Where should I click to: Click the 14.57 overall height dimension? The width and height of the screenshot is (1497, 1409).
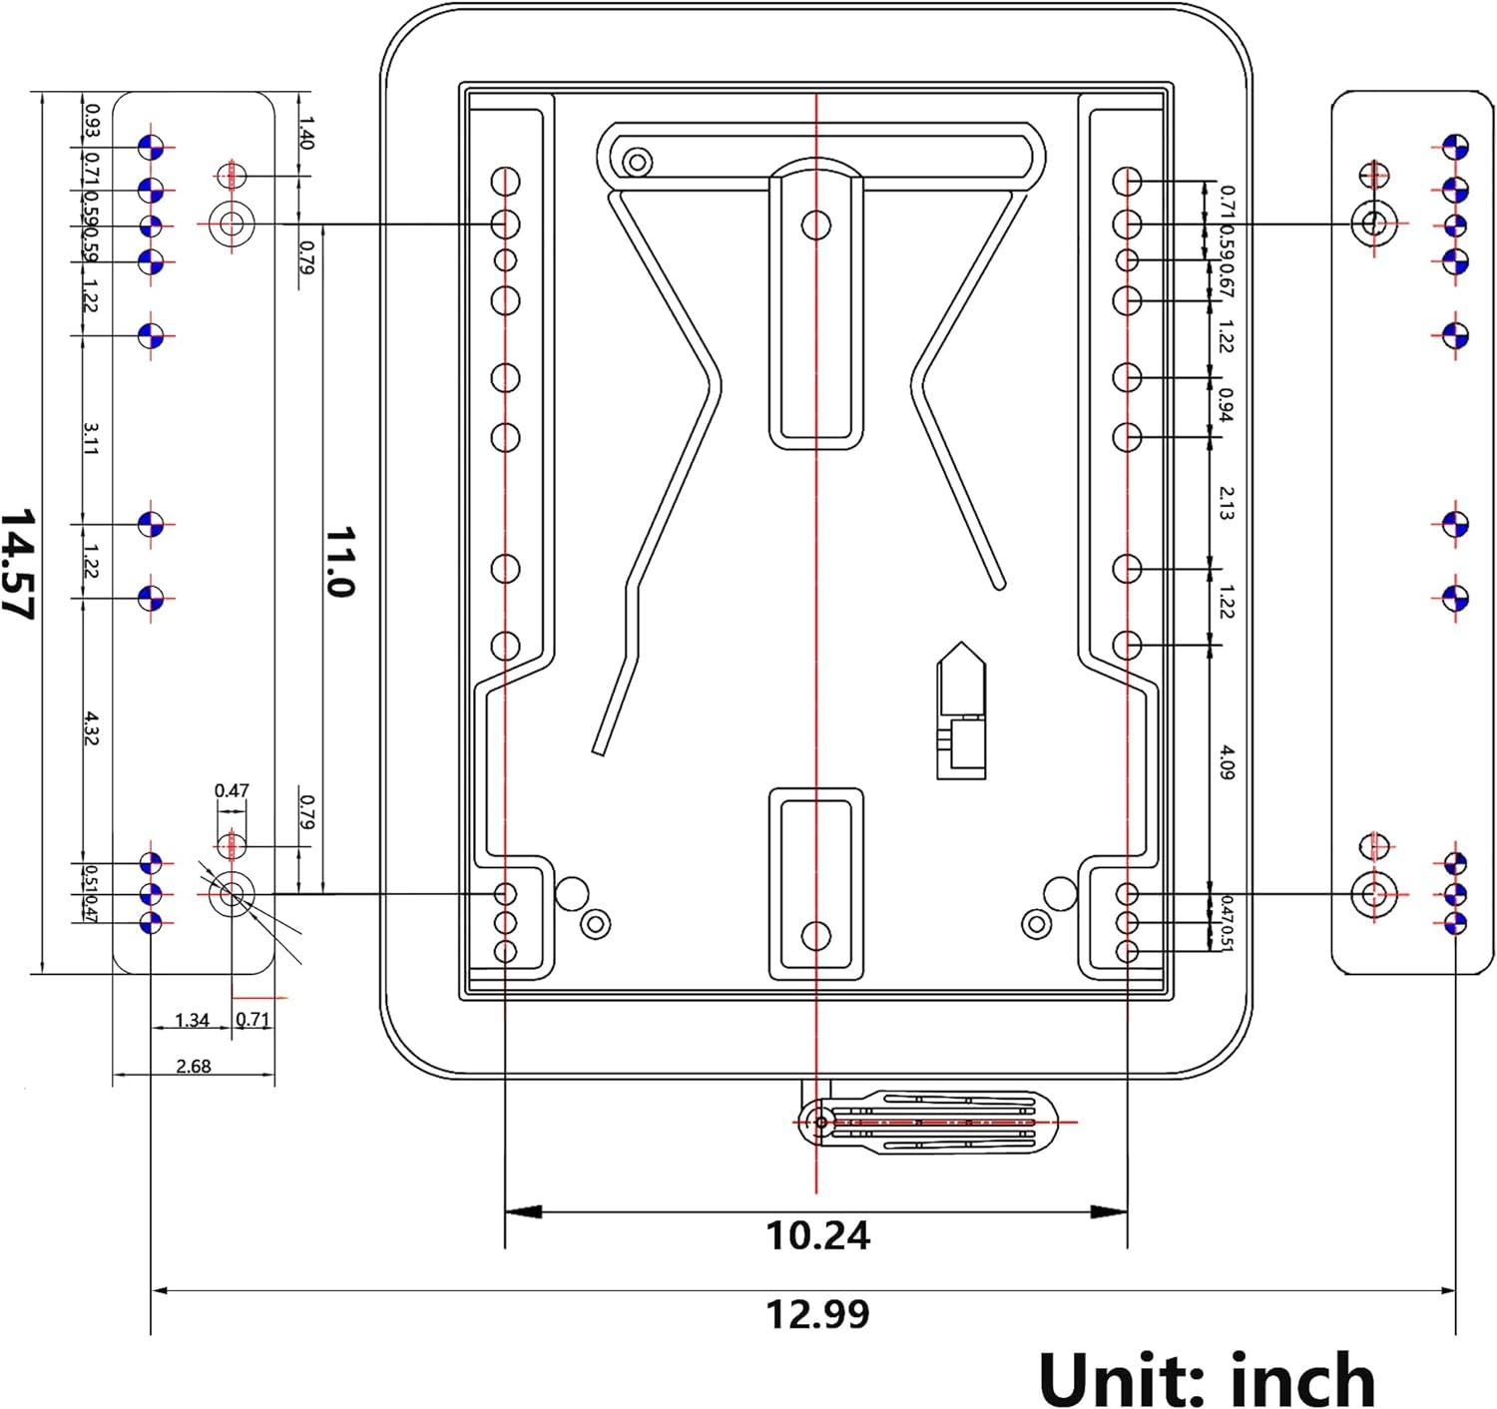click(x=17, y=564)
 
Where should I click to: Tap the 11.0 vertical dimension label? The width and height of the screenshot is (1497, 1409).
click(x=340, y=562)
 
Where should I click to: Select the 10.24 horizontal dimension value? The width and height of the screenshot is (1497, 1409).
click(x=817, y=1236)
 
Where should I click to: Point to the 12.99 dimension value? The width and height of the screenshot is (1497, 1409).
click(x=817, y=1315)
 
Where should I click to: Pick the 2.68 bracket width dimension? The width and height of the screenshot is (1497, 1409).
click(x=193, y=1066)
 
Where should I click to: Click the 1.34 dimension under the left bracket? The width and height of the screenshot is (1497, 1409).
click(x=192, y=1020)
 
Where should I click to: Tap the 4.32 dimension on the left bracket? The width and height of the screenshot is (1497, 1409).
click(x=90, y=727)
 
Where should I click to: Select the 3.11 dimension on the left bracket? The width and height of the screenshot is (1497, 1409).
click(x=90, y=438)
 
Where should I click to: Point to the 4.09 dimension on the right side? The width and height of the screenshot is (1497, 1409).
click(x=1228, y=762)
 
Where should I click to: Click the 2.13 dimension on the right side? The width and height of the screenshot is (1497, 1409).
click(x=1228, y=503)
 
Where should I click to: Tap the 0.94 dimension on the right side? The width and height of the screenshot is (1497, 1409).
click(x=1227, y=405)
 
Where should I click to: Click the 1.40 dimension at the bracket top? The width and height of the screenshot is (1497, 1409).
click(x=305, y=133)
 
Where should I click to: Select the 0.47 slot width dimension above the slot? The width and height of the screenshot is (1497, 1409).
click(x=232, y=790)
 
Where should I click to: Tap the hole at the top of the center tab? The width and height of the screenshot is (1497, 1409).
click(x=815, y=225)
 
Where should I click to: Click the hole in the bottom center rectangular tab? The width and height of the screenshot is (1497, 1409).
click(x=815, y=936)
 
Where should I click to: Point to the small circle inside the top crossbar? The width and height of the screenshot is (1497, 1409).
click(x=638, y=162)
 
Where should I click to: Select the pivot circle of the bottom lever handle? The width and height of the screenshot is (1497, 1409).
click(x=821, y=1123)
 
